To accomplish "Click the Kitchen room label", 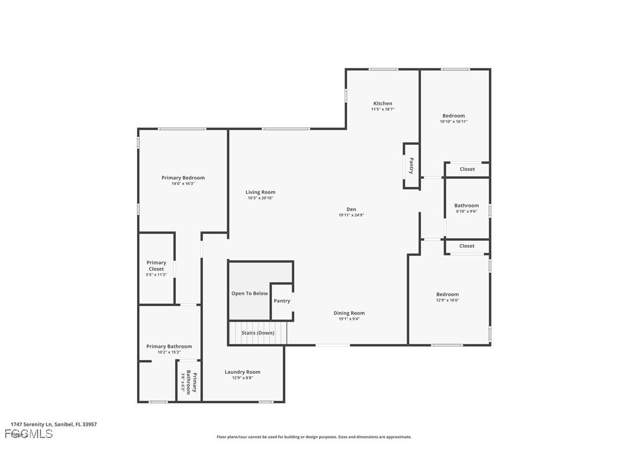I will [x=382, y=104].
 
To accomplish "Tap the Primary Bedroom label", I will [x=183, y=178].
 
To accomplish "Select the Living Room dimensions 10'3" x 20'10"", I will [x=260, y=198].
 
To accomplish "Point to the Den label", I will [x=351, y=209].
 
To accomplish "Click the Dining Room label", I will [x=349, y=313].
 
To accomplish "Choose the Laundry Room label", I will [x=242, y=372].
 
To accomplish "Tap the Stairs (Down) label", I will [x=258, y=333].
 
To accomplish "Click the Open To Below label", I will [x=249, y=293].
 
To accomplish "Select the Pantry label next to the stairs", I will [x=282, y=301].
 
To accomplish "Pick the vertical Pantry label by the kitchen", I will [x=411, y=166].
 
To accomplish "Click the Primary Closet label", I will [x=156, y=266].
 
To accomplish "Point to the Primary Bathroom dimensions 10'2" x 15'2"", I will [x=169, y=352].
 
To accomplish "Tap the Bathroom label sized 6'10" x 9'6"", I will [x=466, y=205].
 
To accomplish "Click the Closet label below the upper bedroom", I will [x=467, y=169].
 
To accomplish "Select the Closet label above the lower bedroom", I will [x=467, y=246].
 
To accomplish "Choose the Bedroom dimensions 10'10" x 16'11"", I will [x=453, y=122].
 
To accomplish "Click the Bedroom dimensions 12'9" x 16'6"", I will [x=447, y=300].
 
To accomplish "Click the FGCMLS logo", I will [x=29, y=434].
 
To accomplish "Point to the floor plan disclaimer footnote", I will [x=314, y=437].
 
